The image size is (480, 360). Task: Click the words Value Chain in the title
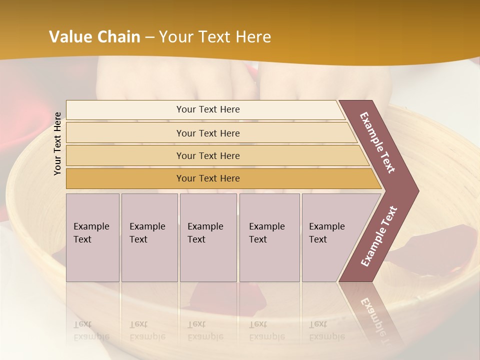pyautogui.click(x=94, y=37)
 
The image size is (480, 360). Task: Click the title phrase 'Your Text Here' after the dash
pyautogui.click(x=214, y=37)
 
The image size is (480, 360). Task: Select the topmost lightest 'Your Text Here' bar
pyautogui.click(x=207, y=109)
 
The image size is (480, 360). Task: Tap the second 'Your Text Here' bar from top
pyautogui.click(x=207, y=133)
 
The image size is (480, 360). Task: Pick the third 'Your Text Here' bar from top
pyautogui.click(x=207, y=155)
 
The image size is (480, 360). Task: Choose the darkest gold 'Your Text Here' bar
pyautogui.click(x=207, y=178)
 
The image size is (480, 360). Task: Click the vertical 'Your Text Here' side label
pyautogui.click(x=58, y=143)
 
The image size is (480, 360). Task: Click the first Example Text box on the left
pyautogui.click(x=92, y=237)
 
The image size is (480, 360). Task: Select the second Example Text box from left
pyautogui.click(x=149, y=237)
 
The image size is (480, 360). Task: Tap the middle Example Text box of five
pyautogui.click(x=208, y=237)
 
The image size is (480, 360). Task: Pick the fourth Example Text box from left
pyautogui.click(x=269, y=237)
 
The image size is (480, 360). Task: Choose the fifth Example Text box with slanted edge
pyautogui.click(x=330, y=237)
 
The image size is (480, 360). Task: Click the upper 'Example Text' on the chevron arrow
pyautogui.click(x=377, y=142)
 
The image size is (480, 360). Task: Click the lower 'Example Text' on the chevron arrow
pyautogui.click(x=378, y=236)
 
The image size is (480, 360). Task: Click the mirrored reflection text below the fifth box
pyautogui.click(x=327, y=330)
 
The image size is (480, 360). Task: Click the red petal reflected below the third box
pyautogui.click(x=210, y=297)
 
